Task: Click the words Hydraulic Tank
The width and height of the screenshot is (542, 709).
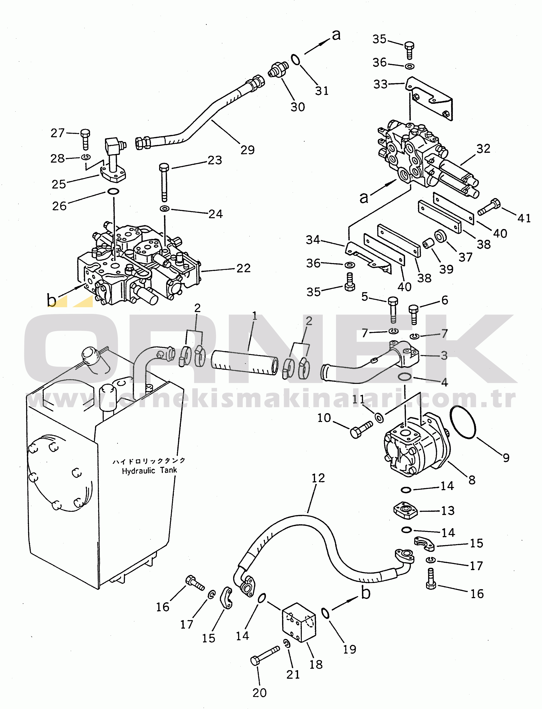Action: pyautogui.click(x=149, y=470)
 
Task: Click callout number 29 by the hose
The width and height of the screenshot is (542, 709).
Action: pyautogui.click(x=247, y=150)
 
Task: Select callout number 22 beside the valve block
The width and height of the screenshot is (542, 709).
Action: pyautogui.click(x=243, y=268)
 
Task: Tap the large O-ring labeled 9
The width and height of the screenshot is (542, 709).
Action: pyautogui.click(x=463, y=422)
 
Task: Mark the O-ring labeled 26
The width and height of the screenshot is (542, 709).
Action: pyautogui.click(x=113, y=191)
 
